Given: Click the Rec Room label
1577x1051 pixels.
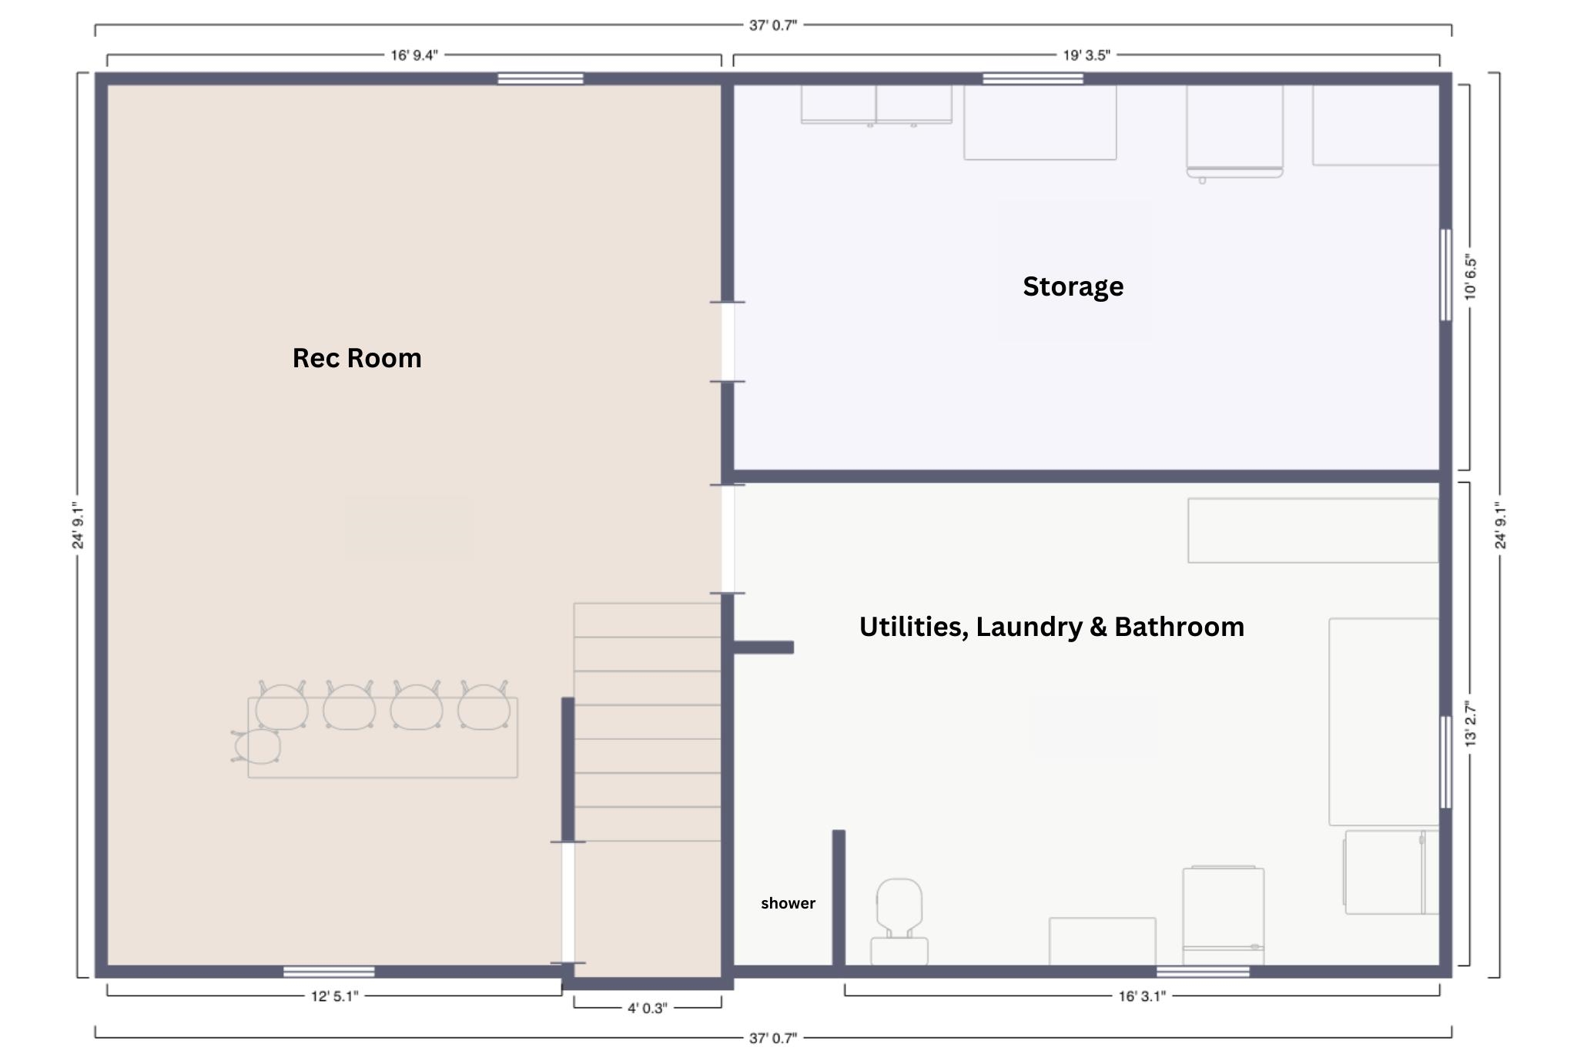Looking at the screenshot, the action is click(357, 358).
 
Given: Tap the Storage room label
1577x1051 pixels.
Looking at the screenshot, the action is click(1073, 286).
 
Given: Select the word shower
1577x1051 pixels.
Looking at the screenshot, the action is click(788, 903).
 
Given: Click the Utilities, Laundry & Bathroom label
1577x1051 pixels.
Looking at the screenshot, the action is click(1051, 627).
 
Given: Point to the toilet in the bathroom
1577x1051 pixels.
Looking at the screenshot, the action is click(899, 922).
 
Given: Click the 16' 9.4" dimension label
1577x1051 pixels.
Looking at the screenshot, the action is click(414, 55).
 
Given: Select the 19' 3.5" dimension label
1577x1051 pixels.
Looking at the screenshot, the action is click(1086, 55).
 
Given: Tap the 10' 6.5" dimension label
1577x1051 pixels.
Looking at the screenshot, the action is click(1471, 277).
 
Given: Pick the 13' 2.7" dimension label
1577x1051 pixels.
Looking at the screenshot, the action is click(1471, 724).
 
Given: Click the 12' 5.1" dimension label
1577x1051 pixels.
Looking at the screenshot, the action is click(334, 996).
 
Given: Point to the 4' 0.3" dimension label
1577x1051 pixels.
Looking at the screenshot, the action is click(647, 1008).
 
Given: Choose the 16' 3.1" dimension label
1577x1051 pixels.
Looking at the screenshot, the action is click(1142, 996).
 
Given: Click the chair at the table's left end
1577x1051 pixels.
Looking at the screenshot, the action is click(256, 746).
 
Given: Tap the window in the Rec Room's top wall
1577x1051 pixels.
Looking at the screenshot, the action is click(541, 79).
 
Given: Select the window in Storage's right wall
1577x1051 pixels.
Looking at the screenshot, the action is click(1445, 275).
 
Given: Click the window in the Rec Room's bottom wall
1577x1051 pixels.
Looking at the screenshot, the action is click(329, 972).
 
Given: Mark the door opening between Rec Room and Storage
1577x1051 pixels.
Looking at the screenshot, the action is click(728, 341).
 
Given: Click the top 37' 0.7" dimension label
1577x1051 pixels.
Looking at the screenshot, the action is click(773, 25).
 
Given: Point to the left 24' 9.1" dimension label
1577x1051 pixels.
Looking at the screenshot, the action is click(78, 526).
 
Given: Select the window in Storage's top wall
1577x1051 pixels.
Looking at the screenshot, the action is click(1033, 79).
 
